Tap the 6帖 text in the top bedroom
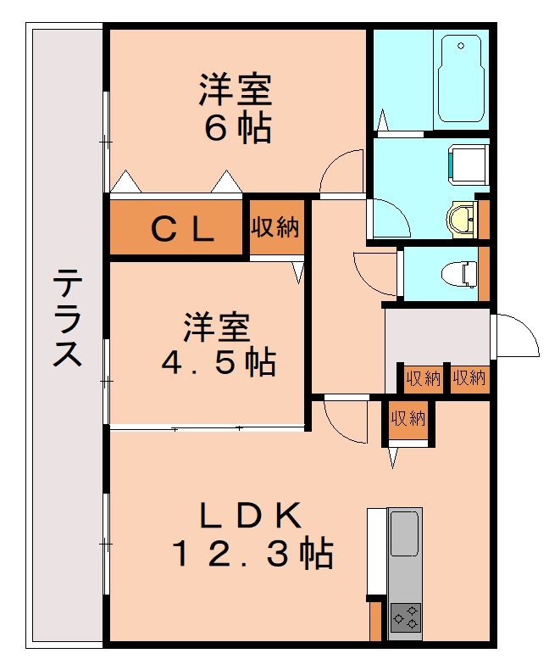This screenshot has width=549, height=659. click(236, 128)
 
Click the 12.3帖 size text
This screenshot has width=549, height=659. click(252, 554)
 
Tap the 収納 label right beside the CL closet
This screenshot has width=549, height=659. click(275, 226)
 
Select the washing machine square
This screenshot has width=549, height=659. click(468, 163)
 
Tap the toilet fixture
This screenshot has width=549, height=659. click(461, 273)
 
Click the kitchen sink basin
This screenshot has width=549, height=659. click(405, 534)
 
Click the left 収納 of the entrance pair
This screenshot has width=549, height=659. click(422, 378)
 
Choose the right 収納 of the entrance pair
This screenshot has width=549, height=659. click(468, 378)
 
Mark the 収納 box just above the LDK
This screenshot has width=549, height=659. click(408, 417)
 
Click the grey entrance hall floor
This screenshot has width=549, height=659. click(436, 335)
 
